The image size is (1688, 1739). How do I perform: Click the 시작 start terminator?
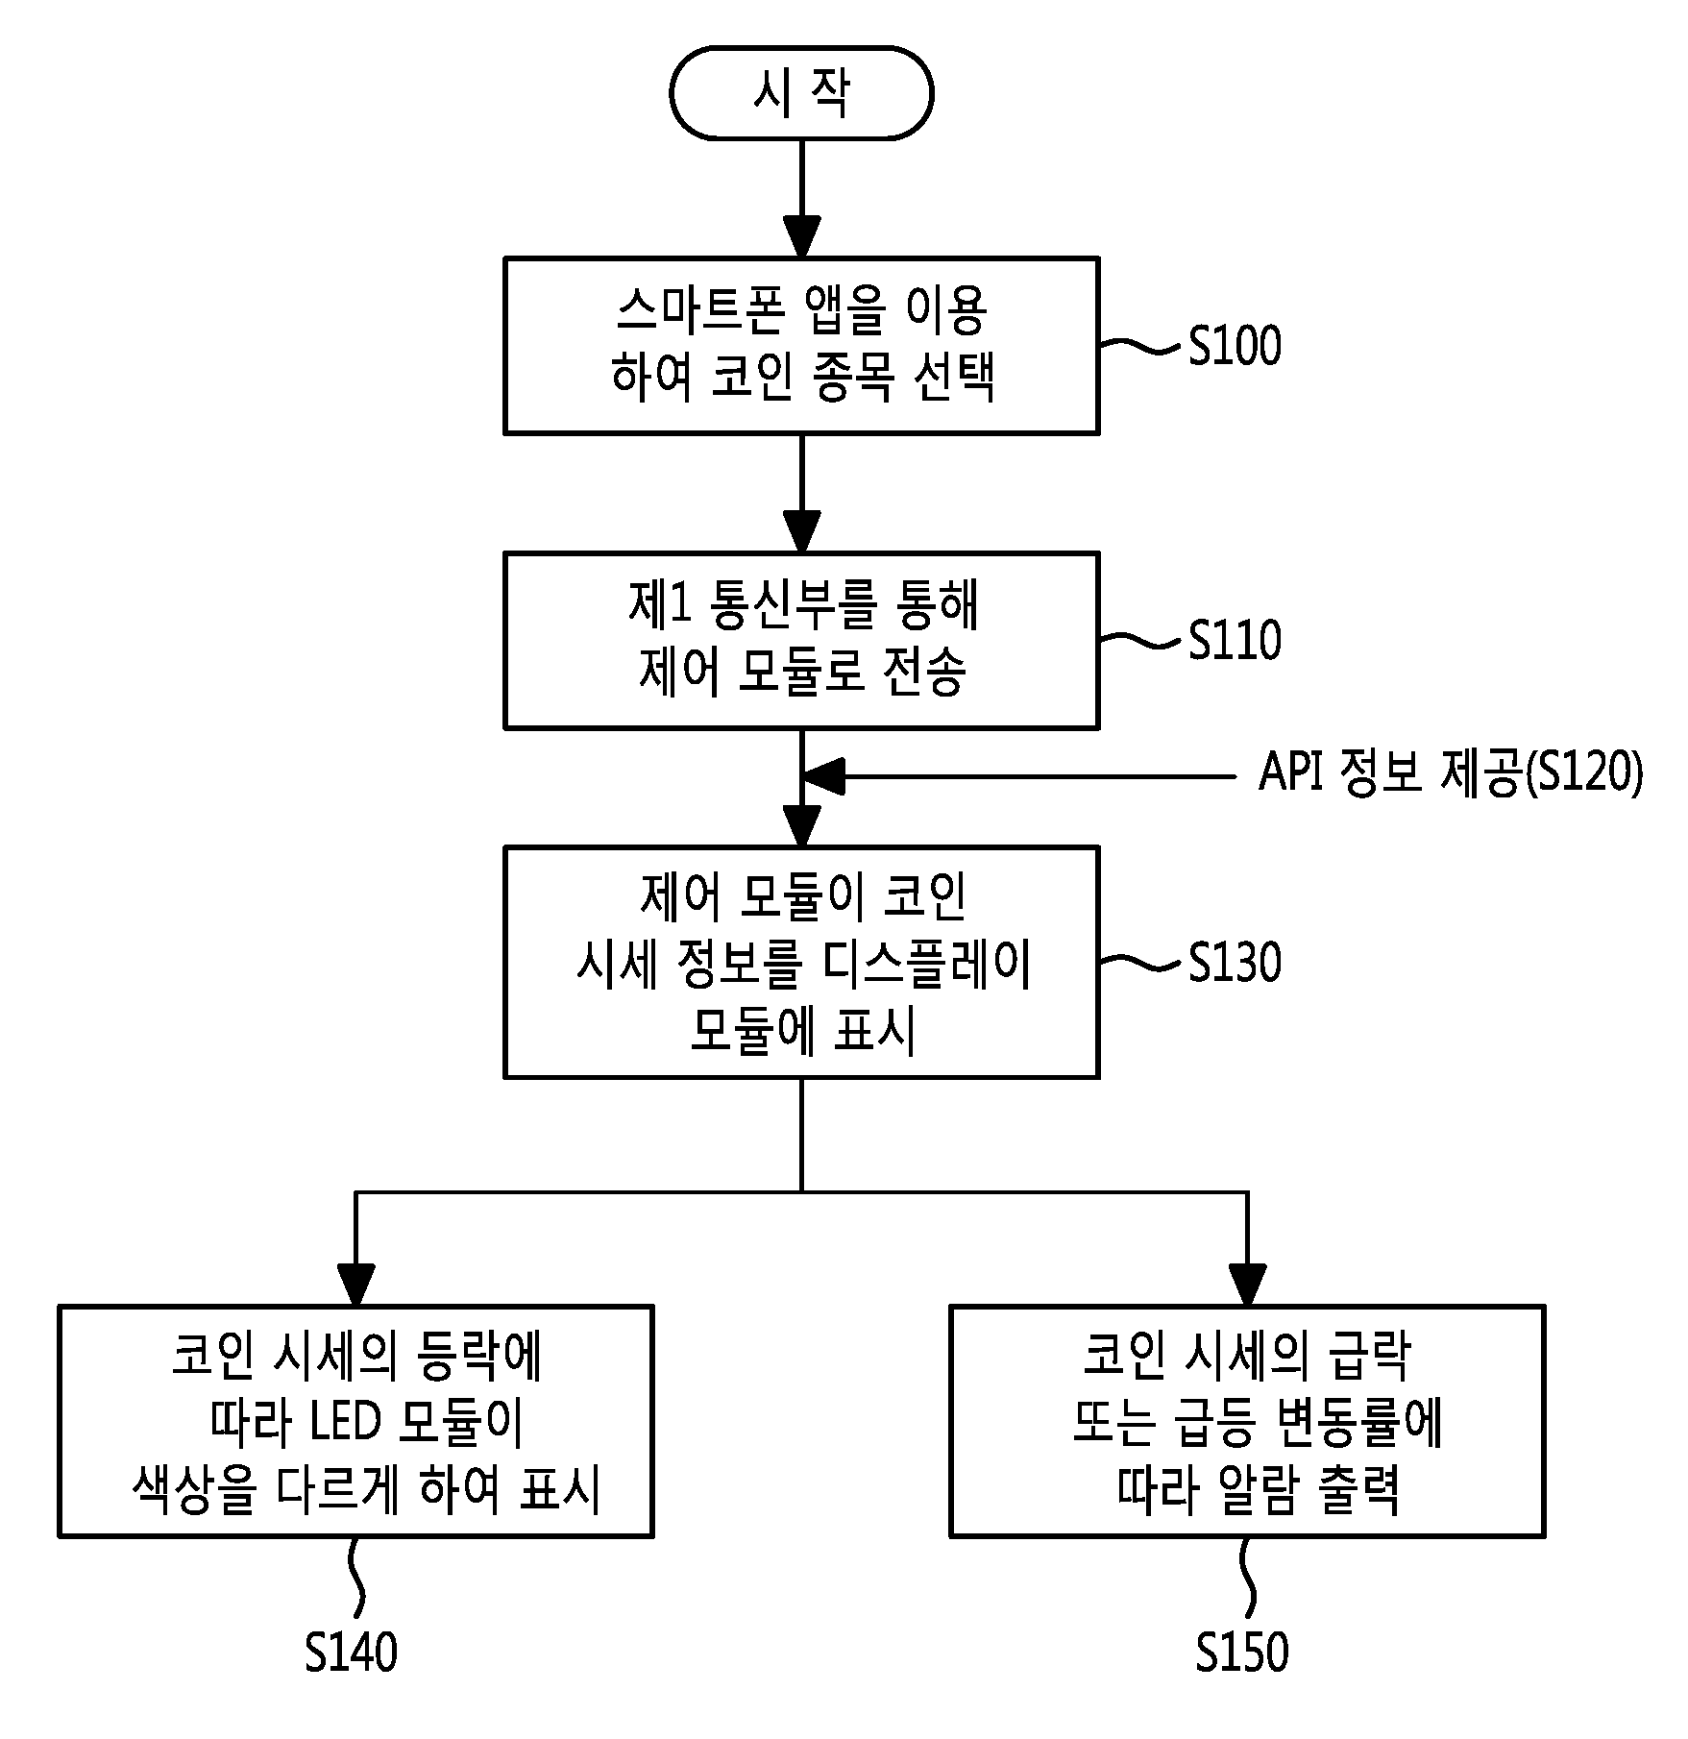(x=801, y=93)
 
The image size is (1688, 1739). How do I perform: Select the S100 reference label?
(x=1235, y=346)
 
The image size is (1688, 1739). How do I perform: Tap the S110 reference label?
(x=1235, y=641)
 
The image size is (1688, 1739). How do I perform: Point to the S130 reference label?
(x=1235, y=962)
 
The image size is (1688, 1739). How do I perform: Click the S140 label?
(x=351, y=1653)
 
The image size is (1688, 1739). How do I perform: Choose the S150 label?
(x=1242, y=1653)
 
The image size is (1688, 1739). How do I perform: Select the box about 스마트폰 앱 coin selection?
(x=801, y=345)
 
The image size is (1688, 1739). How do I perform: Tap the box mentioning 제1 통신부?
(x=801, y=640)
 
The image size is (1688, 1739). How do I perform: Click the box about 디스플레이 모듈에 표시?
(x=801, y=962)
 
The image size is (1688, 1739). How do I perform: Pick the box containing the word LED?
(x=355, y=1421)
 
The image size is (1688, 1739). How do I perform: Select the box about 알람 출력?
(x=1247, y=1421)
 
